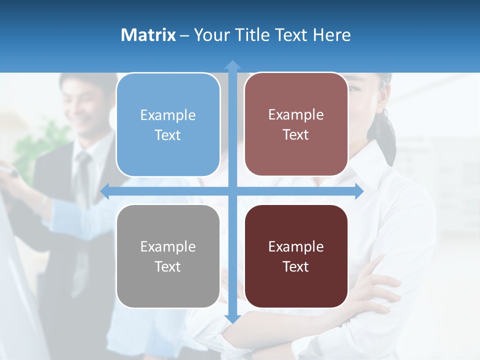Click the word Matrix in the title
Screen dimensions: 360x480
click(x=148, y=35)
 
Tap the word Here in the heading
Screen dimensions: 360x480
click(x=331, y=35)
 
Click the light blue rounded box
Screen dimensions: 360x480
click(x=168, y=125)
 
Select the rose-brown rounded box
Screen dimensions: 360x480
click(x=296, y=124)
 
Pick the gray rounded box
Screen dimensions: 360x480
click(x=168, y=256)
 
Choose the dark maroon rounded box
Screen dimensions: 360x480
click(x=296, y=256)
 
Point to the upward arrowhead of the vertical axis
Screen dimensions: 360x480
click(x=232, y=65)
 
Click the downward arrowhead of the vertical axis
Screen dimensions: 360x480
click(x=232, y=318)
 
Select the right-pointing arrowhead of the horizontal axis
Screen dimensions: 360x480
click(x=358, y=191)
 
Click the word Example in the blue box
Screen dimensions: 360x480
click(x=168, y=115)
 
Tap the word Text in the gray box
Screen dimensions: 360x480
click(x=168, y=266)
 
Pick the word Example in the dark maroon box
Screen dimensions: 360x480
click(x=296, y=246)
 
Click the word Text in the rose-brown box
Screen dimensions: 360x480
click(x=296, y=134)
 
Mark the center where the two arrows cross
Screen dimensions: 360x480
click(x=232, y=191)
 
